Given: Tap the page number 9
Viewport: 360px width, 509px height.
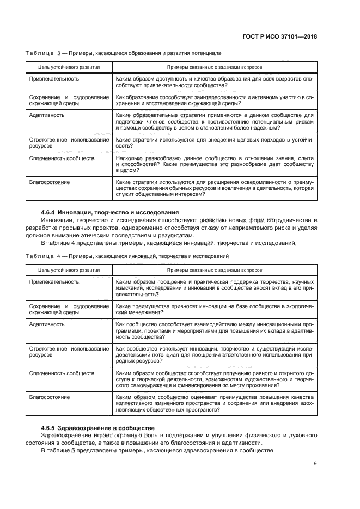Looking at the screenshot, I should [315, 463].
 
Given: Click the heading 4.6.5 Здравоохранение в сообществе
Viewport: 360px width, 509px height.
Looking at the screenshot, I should [98, 427].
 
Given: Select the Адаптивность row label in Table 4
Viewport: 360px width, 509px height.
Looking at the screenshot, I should [47, 324].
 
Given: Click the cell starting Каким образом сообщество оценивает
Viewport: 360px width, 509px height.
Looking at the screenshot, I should [215, 403].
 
